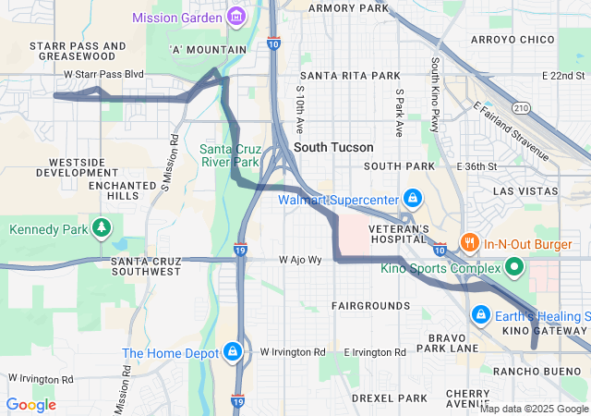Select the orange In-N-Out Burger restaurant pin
(x=469, y=244)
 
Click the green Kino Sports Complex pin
(x=513, y=269)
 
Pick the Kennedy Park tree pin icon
(x=103, y=228)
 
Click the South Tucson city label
(x=333, y=147)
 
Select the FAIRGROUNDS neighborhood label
(x=371, y=305)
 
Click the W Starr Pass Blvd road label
(x=104, y=73)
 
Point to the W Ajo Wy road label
(x=302, y=261)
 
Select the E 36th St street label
(x=476, y=166)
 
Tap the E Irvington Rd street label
(x=374, y=353)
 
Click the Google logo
(x=30, y=404)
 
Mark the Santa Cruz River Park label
(x=231, y=155)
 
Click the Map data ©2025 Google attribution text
(x=534, y=409)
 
